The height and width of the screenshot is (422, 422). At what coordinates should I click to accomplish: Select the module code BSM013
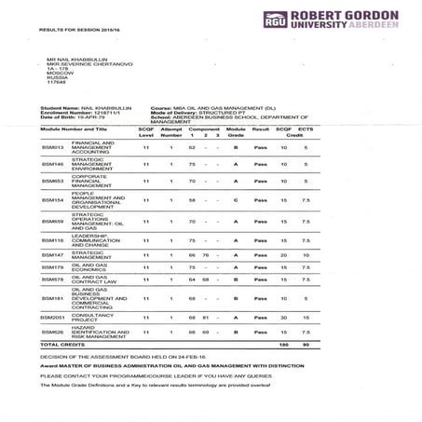[52, 148]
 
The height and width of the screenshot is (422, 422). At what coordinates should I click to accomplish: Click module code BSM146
[52, 164]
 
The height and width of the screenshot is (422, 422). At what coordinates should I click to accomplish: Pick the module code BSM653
[52, 181]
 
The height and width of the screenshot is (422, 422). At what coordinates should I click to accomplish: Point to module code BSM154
[52, 200]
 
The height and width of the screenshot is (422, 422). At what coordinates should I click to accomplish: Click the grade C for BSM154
[237, 200]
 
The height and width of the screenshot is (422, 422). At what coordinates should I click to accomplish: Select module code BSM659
[52, 221]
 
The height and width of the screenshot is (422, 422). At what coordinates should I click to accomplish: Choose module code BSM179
[52, 266]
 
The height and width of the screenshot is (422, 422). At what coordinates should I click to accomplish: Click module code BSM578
[52, 279]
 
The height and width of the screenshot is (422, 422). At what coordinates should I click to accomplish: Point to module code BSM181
[52, 298]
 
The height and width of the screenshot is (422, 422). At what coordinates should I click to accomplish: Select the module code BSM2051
[54, 318]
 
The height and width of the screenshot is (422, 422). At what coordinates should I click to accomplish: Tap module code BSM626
[52, 332]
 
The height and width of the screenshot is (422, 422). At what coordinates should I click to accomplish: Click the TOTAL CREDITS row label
[61, 345]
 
